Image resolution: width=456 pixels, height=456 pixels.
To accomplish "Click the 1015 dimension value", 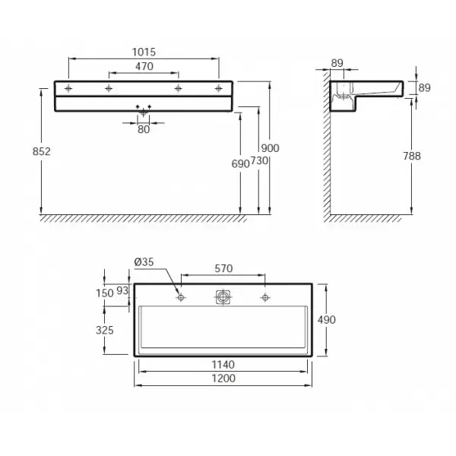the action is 144,52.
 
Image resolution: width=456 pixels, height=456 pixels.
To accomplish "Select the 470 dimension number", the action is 144,66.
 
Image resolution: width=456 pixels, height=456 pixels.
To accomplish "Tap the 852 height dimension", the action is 42,151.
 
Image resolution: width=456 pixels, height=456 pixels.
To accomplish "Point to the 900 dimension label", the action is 270,148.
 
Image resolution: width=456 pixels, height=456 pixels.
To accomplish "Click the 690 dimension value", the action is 240,164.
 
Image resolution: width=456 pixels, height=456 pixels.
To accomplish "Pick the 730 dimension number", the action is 259,160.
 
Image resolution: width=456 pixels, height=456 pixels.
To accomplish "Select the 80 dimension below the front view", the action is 144,129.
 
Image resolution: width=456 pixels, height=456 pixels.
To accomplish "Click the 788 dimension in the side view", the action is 412,156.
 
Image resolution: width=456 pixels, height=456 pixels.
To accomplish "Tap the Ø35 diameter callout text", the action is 144,262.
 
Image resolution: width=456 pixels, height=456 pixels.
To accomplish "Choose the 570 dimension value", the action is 223,268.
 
